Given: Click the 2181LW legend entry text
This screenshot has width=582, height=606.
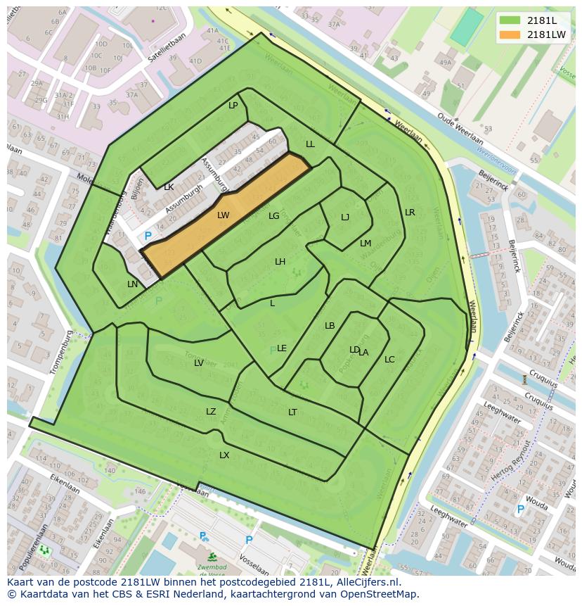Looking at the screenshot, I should tap(546, 34).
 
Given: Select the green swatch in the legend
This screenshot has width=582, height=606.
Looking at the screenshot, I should tap(510, 20).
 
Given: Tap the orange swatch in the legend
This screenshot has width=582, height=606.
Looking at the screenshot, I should tap(510, 34).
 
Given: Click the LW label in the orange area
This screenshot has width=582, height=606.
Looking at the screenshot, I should tap(224, 215).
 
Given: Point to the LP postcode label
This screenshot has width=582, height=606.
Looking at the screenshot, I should tap(233, 106).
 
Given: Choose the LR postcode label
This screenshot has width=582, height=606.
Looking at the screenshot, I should tap(410, 212).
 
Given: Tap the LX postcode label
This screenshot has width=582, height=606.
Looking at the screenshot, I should tap(224, 455).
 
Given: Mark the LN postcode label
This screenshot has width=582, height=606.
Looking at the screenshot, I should tap(133, 284).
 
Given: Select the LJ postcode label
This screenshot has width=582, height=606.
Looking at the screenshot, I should tap(345, 217).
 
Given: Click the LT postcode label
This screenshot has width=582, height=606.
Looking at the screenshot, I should tap(292, 412).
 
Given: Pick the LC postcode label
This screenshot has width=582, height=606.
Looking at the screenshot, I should tap(389, 360).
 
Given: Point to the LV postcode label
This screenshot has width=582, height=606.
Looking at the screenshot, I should tap(199, 363).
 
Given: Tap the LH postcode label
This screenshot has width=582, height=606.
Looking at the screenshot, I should tap(280, 262).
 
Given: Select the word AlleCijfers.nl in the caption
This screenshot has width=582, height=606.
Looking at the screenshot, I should tap(367, 582).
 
